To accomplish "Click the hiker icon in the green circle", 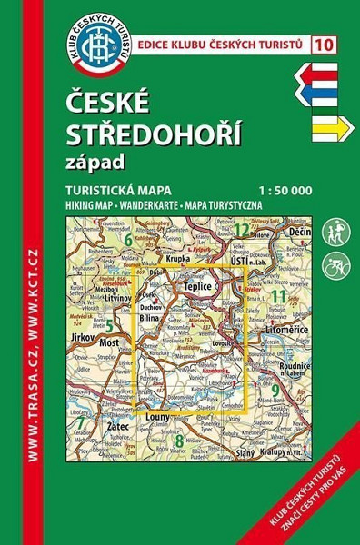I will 335,231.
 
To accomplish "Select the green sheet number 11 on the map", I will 278,297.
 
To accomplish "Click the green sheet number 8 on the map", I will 178,441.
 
